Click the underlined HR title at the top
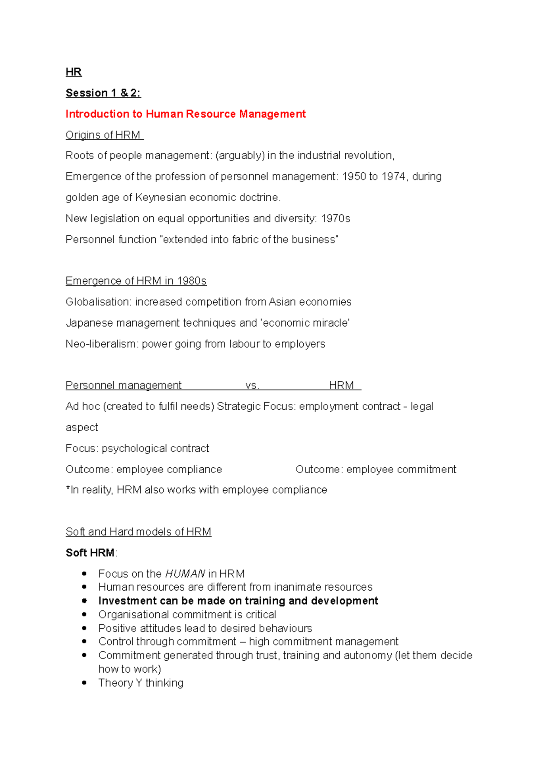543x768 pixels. pos(74,72)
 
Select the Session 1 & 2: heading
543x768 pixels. pos(103,93)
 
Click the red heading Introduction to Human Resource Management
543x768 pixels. pos(186,114)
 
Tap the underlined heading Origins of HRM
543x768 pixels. pos(104,135)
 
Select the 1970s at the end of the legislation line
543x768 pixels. pos(335,218)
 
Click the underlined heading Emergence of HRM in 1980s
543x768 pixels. pos(136,281)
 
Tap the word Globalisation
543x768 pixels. pos(98,302)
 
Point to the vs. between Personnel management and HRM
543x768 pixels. pos(252,385)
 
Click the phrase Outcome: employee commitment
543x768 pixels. pos(376,469)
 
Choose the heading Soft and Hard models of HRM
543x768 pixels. pos(138,532)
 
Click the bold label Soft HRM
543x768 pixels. pos(90,553)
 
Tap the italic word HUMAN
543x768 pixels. pos(185,574)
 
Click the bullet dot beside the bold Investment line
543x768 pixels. pos(84,601)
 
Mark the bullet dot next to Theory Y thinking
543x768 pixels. pos(84,683)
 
